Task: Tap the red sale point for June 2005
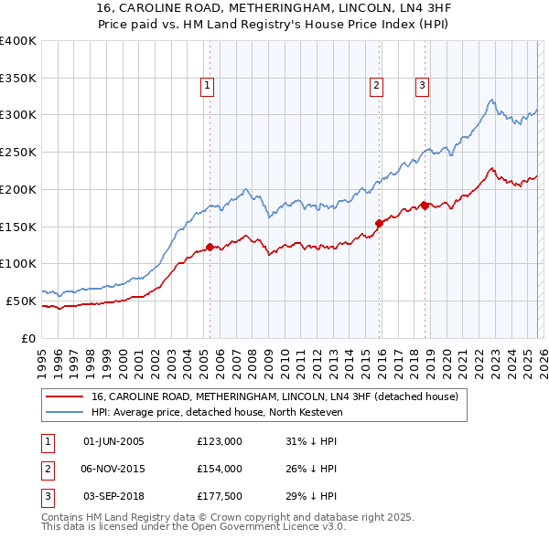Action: click(210, 246)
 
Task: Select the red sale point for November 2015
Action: click(379, 222)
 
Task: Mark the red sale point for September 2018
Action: click(425, 205)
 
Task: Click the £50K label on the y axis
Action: click(21, 301)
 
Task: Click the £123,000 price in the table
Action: click(220, 441)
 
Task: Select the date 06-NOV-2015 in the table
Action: click(113, 469)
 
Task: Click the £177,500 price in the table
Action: click(220, 496)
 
